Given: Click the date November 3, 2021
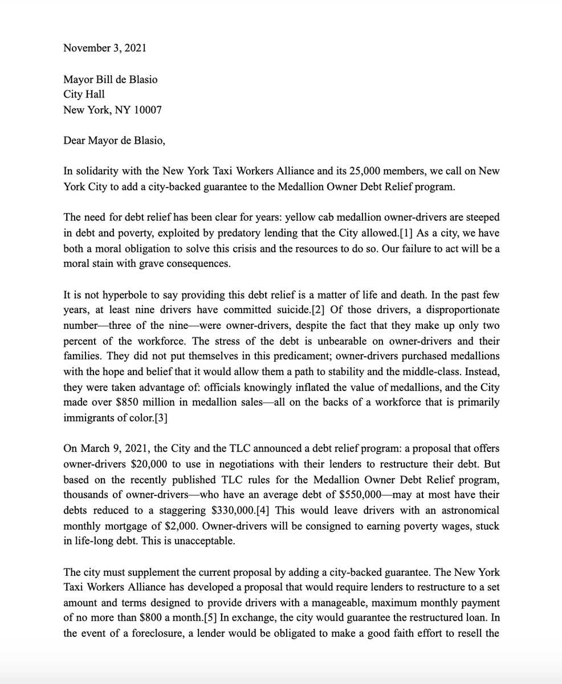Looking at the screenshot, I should [104, 48].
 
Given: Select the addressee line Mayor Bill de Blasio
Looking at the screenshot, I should [110, 79].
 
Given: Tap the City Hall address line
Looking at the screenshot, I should [84, 95].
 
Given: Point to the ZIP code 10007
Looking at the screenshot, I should [147, 110].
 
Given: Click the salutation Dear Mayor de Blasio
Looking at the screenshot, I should [115, 140].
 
